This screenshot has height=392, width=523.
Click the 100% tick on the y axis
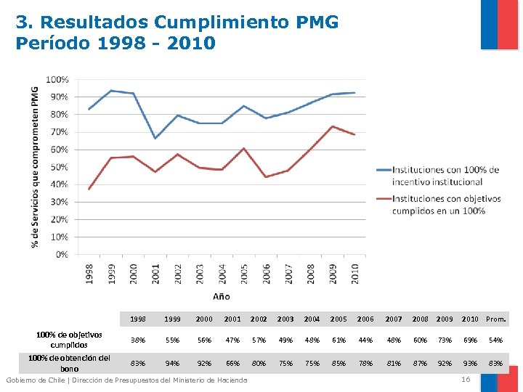click(x=58, y=79)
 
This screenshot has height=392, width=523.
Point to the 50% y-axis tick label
click(x=60, y=167)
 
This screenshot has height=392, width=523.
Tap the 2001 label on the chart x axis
click(x=155, y=272)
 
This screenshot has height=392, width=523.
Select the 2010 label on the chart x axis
click(x=355, y=272)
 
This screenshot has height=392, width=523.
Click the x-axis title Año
click(x=222, y=295)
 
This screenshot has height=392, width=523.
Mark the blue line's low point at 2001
click(x=155, y=138)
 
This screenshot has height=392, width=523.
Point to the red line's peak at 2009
click(x=332, y=126)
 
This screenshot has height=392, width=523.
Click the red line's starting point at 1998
click(x=89, y=189)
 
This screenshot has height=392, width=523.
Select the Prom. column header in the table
click(x=495, y=319)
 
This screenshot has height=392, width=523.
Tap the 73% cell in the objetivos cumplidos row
click(x=445, y=340)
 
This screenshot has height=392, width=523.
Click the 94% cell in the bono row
click(x=172, y=363)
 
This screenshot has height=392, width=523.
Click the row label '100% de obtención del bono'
click(x=69, y=363)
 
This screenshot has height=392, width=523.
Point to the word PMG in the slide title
click(x=317, y=23)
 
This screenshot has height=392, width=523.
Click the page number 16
click(x=466, y=380)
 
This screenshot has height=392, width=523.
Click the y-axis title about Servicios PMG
click(x=35, y=166)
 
